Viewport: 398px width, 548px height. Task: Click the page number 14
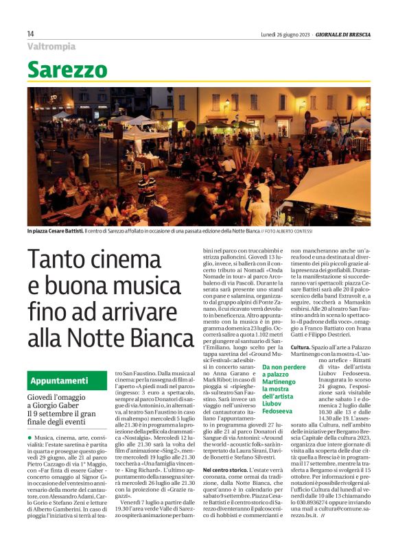(x=31, y=34)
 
